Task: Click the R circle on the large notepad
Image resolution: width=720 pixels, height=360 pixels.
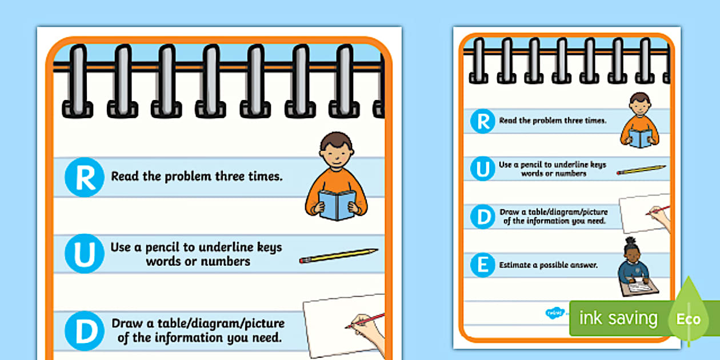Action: [x=85, y=177]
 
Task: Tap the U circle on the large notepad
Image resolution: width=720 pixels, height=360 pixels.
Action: [x=85, y=254]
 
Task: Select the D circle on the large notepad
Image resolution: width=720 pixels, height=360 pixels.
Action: [x=85, y=331]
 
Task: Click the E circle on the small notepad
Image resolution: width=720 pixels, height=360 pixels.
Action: [x=482, y=265]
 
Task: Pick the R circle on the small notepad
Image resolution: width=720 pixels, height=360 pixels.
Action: [x=482, y=121]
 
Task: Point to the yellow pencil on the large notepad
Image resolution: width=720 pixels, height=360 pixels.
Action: [x=338, y=256]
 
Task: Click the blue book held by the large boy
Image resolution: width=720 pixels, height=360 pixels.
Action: [x=337, y=205]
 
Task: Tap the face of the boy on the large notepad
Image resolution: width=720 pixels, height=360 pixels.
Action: [x=336, y=154]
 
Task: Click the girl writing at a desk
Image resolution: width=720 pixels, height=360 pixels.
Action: [x=637, y=267]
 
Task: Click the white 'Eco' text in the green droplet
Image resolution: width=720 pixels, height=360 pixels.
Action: [x=688, y=319]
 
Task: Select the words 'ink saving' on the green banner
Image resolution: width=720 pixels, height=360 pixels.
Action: [x=618, y=318]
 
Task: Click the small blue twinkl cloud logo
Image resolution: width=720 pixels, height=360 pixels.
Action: [x=554, y=313]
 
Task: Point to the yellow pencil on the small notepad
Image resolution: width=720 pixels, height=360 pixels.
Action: [x=641, y=170]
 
